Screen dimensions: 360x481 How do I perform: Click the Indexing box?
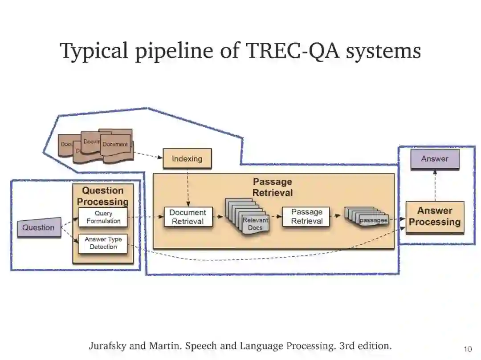tap(187, 159)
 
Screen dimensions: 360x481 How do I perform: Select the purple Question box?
tap(39, 227)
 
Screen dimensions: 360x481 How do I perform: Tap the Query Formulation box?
tap(103, 217)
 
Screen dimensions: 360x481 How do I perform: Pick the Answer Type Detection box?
tap(103, 243)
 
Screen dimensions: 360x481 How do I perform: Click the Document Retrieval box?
tap(188, 217)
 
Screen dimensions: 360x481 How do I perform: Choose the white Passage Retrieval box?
tap(307, 217)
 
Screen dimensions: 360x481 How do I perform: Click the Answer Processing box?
tap(435, 217)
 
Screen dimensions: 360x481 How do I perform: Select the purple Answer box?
tap(435, 159)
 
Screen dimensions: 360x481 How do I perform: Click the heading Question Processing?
tap(103, 196)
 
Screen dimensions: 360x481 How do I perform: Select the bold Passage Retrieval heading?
tap(273, 187)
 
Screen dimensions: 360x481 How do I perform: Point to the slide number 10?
tap(468, 348)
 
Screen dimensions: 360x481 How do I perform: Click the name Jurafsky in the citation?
tap(106, 346)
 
